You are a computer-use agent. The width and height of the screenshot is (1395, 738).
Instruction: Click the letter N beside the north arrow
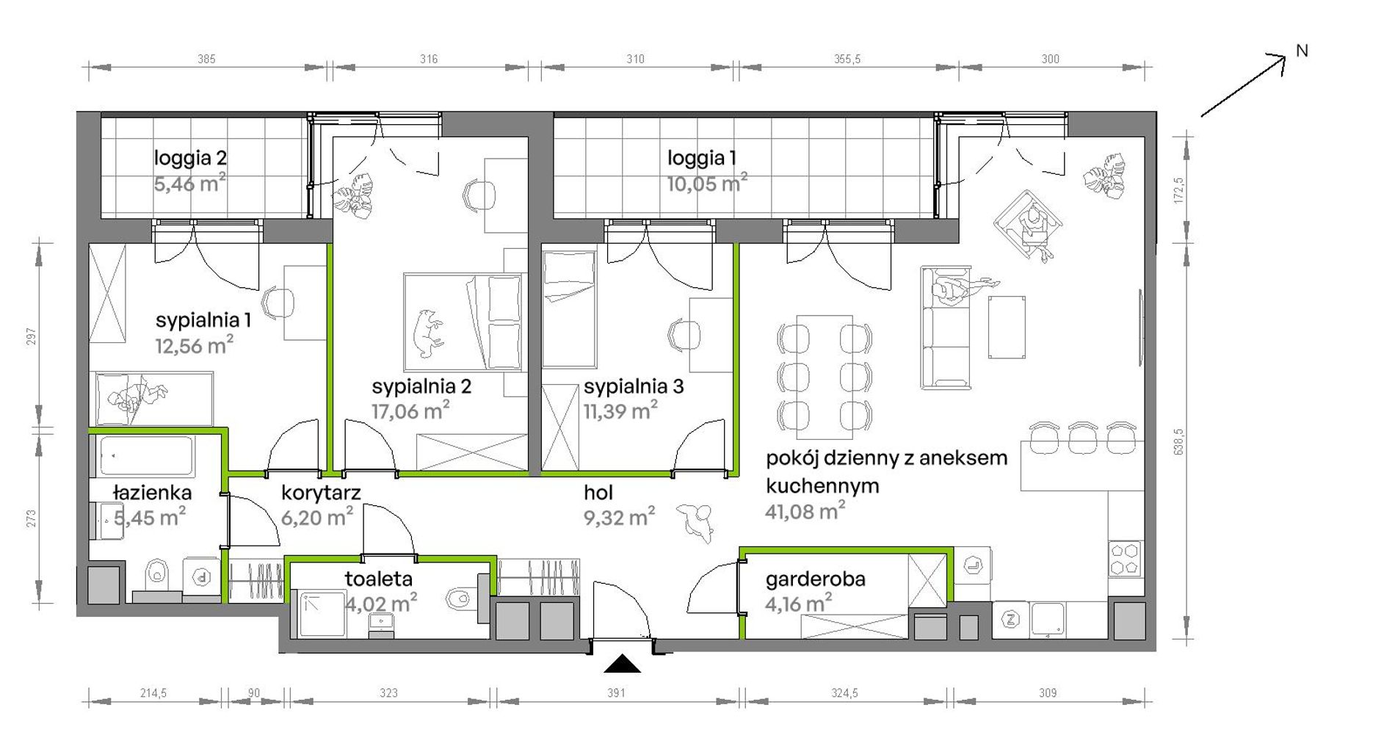[1302, 51]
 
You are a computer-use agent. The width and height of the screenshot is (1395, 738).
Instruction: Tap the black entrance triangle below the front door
[622, 664]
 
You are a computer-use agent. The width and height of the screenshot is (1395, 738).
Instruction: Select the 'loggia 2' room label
[190, 158]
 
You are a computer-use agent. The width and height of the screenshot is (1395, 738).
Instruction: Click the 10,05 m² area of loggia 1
[707, 182]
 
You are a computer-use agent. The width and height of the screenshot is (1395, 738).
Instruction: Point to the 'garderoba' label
[815, 579]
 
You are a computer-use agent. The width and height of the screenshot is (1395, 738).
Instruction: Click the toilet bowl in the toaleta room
[457, 598]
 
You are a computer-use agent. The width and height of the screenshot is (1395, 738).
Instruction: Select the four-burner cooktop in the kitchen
[1124, 558]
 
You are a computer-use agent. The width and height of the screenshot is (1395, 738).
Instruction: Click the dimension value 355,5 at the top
[847, 59]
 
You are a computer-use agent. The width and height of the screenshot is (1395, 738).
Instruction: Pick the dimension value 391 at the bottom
[616, 692]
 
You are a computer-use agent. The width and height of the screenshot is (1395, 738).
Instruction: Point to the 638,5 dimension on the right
[1179, 441]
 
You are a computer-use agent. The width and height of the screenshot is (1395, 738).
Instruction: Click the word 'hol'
[598, 493]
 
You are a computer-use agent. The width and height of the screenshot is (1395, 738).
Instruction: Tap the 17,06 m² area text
[410, 410]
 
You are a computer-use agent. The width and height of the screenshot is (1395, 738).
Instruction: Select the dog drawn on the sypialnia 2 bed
[427, 332]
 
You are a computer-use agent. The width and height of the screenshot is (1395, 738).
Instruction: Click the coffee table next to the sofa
[1007, 328]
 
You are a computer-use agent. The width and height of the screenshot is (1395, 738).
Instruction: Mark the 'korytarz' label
[321, 493]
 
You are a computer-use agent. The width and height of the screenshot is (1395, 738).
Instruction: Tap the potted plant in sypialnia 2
[352, 195]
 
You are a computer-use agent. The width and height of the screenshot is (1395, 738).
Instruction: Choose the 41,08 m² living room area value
[805, 511]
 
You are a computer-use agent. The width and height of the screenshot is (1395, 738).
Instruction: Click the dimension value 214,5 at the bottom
[153, 692]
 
